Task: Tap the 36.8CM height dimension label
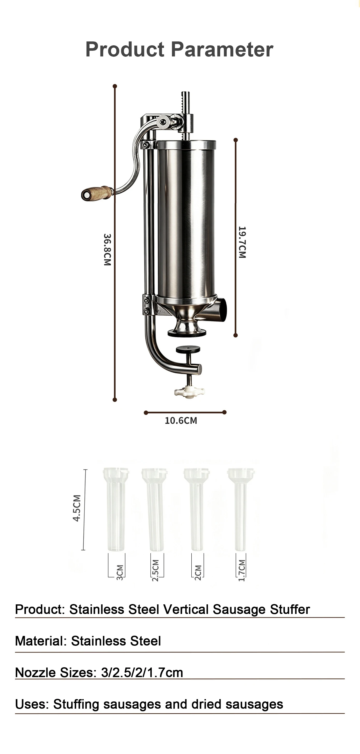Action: tap(107, 249)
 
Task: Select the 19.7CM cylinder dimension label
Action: tap(242, 242)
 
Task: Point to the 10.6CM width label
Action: tap(181, 421)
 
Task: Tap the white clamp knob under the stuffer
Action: tap(190, 392)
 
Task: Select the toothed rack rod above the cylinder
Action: tap(185, 116)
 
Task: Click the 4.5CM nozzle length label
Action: tap(77, 508)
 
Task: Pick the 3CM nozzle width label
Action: tap(120, 572)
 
